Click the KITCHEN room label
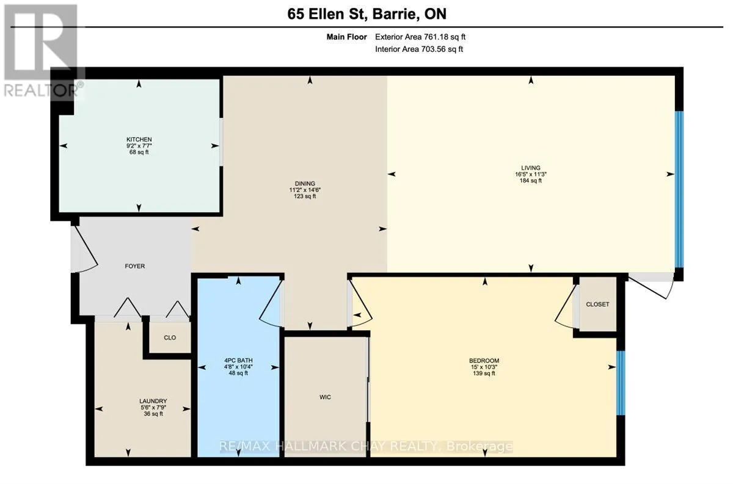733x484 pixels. pyautogui.click(x=139, y=139)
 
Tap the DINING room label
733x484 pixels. pyautogui.click(x=305, y=184)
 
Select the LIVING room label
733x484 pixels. pyautogui.click(x=531, y=168)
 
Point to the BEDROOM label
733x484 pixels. pyautogui.click(x=484, y=361)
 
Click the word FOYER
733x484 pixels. pyautogui.click(x=135, y=266)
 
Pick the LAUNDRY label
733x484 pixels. pyautogui.click(x=153, y=401)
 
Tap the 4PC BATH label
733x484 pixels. pyautogui.click(x=238, y=361)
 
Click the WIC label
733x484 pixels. pyautogui.click(x=325, y=397)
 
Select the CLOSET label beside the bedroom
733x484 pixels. pyautogui.click(x=597, y=304)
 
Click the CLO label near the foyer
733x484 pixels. pyautogui.click(x=170, y=338)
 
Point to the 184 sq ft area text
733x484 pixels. pyautogui.click(x=531, y=181)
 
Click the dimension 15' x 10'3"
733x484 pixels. pyautogui.click(x=484, y=367)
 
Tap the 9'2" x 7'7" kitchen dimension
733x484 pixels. pyautogui.click(x=139, y=146)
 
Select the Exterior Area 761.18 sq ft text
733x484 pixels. pyautogui.click(x=420, y=37)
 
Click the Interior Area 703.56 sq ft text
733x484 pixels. pyautogui.click(x=419, y=49)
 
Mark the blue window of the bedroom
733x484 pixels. pyautogui.click(x=621, y=383)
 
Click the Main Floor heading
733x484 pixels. pyautogui.click(x=346, y=37)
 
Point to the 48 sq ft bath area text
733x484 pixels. pyautogui.click(x=238, y=373)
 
